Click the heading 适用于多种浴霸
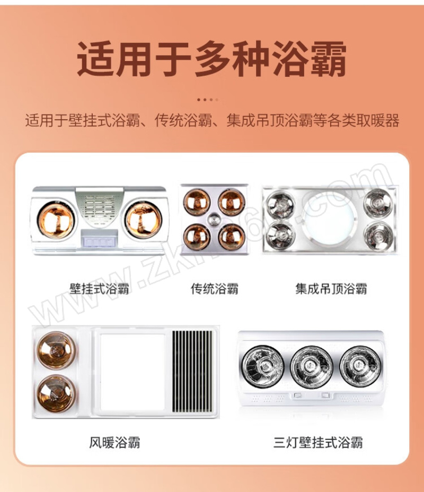[x=212, y=59]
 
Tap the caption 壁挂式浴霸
[x=99, y=288]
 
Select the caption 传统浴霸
[x=215, y=288]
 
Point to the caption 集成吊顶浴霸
[x=331, y=288]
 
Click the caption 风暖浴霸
[x=115, y=442]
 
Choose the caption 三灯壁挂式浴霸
[x=318, y=442]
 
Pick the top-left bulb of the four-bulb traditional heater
[x=197, y=203]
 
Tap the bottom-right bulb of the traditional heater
[x=232, y=236]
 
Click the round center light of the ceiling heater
[x=329, y=219]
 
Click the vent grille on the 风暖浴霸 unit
[x=192, y=372]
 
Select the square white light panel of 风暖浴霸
[x=132, y=372]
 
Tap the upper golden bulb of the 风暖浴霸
[x=57, y=349]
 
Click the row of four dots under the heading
[x=208, y=100]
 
